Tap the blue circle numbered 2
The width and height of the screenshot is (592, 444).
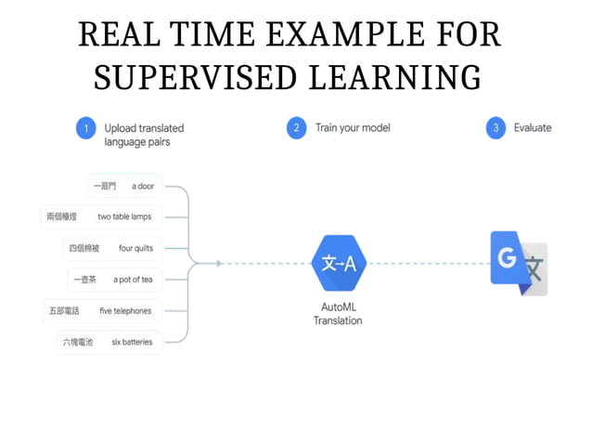coord(296,129)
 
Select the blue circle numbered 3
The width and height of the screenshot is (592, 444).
coord(495,129)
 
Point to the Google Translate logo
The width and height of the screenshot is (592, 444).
coord(520,263)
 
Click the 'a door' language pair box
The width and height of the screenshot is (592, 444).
coord(124,186)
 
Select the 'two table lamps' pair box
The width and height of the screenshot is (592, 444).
coord(101,216)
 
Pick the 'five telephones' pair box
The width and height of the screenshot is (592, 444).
coord(101,310)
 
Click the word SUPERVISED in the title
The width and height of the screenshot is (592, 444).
coord(185,77)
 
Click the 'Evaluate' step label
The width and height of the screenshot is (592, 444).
coord(533,128)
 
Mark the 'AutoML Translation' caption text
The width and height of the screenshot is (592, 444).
coord(338,312)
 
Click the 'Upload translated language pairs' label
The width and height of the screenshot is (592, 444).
coord(144,135)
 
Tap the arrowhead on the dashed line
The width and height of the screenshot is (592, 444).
coord(218,263)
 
